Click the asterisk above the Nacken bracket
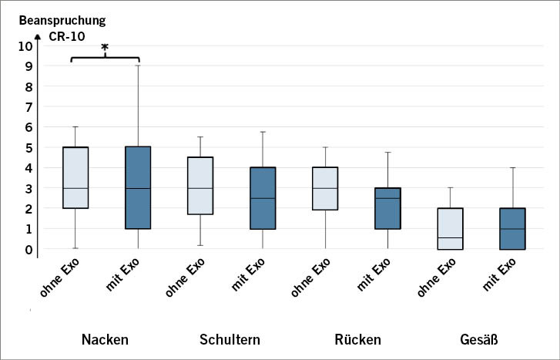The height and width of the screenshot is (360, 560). coord(105,48)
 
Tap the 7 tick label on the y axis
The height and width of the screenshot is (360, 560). coord(29,107)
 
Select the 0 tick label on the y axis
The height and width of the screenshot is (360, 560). coord(29,249)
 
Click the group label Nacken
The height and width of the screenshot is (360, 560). coord(105,339)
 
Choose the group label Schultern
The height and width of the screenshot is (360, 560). coord(230,339)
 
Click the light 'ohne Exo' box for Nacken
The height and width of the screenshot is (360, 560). coord(75,177)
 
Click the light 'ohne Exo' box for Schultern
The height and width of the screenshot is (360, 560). coord(200,186)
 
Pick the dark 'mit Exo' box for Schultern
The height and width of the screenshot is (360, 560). coord(263,198)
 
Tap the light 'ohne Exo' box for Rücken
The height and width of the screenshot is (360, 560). coord(324,189)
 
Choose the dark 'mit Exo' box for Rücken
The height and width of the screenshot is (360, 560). coord(387,208)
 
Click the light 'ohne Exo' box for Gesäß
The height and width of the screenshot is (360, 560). coord(449,228)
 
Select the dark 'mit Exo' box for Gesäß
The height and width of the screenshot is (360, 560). coord(511,228)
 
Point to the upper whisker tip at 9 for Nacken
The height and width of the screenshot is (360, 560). coord(138,66)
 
